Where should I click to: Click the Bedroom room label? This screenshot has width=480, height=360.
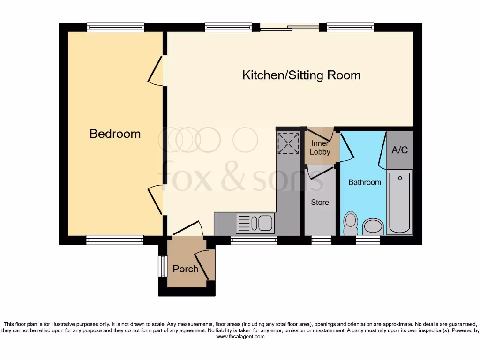pos(115,134)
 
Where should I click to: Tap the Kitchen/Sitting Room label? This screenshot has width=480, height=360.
pos(301,75)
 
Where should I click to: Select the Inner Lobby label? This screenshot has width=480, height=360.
pos(320,148)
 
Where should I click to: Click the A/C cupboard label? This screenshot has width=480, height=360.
pos(399,150)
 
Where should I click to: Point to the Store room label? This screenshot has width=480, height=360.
pos(320,202)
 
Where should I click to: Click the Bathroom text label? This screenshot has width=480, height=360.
pos(364,182)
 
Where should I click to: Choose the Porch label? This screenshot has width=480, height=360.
pos(185,269)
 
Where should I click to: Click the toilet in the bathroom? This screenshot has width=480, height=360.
pos(350,223)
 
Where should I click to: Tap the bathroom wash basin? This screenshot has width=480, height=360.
pos(373,226)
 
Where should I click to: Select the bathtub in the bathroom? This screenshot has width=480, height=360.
pos(399,202)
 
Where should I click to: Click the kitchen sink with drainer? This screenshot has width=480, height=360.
pos(255,223)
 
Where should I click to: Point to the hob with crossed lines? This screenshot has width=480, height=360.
pos(288,143)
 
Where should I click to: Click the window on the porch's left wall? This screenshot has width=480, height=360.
pos(162,266)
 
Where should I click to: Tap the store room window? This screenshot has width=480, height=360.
pos(321,240)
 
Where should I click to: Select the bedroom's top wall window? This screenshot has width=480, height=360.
pos(115,28)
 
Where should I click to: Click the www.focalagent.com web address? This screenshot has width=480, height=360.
pos(240,336)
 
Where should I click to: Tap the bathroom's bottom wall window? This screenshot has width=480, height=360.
pos(367,240)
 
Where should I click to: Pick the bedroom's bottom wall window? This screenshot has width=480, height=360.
pos(115,240)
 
